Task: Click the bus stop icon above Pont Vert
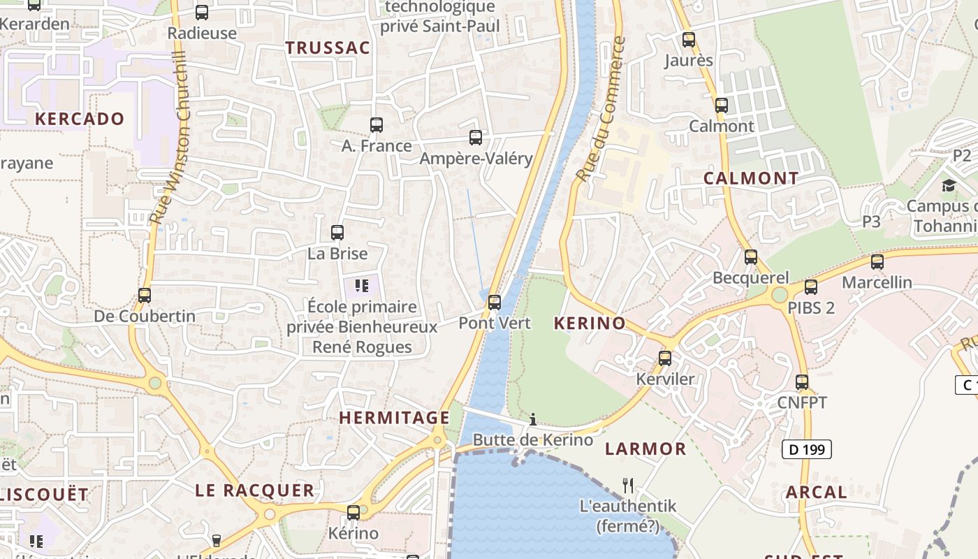click(x=495, y=303)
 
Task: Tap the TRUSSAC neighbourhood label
click(x=327, y=48)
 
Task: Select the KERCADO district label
click(x=80, y=119)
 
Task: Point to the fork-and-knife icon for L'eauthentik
click(x=628, y=485)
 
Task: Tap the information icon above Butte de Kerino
click(x=533, y=419)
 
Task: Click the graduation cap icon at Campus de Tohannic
click(x=949, y=185)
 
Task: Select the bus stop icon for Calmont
click(x=722, y=106)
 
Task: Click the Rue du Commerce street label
click(x=599, y=109)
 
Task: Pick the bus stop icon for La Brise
click(x=337, y=233)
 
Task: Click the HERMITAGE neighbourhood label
click(x=394, y=418)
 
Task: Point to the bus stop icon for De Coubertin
click(x=145, y=296)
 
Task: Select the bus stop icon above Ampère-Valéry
click(x=476, y=138)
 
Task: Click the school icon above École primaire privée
click(x=361, y=285)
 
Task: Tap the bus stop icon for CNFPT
click(x=802, y=382)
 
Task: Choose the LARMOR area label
click(x=645, y=449)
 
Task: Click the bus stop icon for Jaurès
click(x=689, y=40)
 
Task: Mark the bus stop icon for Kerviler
click(x=665, y=358)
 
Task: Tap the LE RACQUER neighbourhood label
click(x=254, y=491)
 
